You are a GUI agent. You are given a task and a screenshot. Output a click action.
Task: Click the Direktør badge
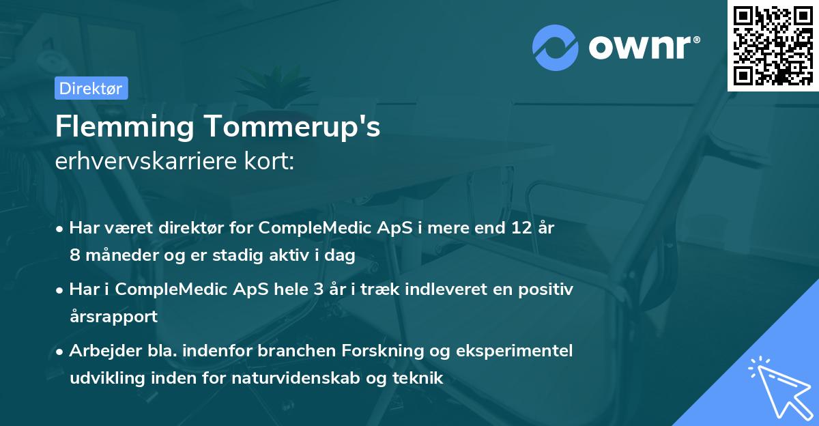coord(91,88)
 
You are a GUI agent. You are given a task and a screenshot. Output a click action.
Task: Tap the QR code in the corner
coord(773,45)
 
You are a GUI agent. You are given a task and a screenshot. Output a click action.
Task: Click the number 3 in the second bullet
coord(317,289)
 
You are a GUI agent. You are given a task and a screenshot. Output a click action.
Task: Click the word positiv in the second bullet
coord(547,289)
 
